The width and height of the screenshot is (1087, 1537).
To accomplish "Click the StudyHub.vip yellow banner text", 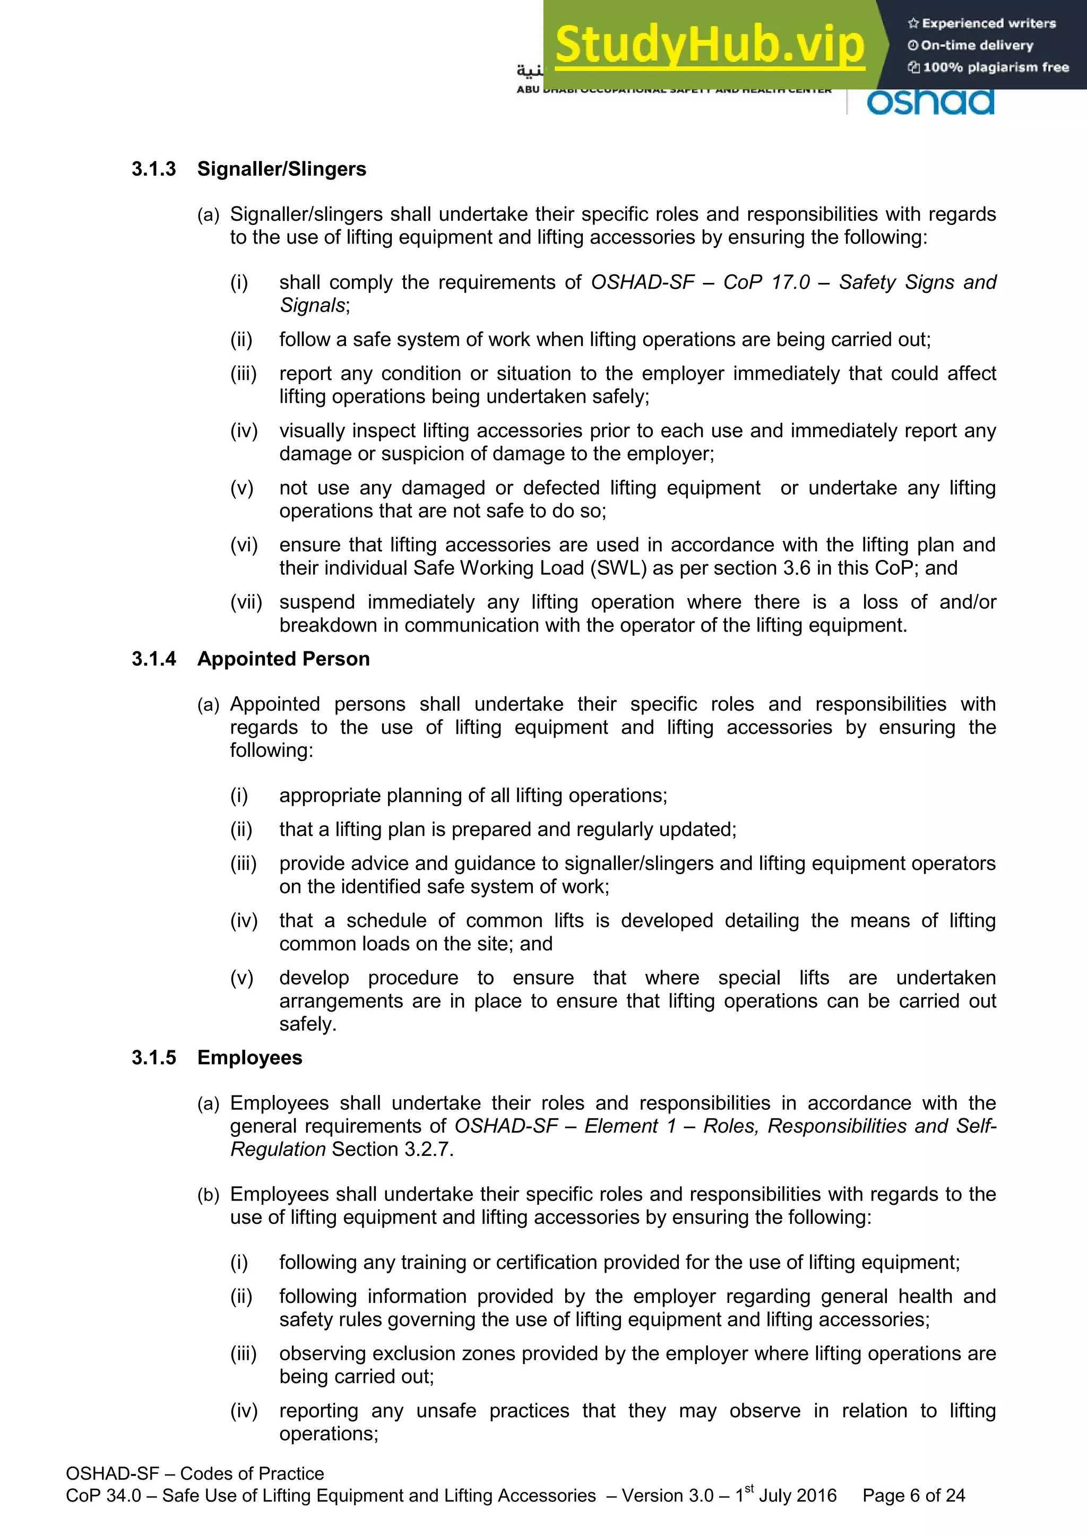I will (710, 46).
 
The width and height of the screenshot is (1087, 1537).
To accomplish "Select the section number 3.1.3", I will (154, 169).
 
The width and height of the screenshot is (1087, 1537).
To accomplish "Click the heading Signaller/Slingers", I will (282, 169).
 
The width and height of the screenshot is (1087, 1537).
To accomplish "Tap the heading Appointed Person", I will (283, 659).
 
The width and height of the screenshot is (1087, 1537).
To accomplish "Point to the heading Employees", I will (249, 1058).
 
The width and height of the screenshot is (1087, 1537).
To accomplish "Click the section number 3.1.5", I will (154, 1058).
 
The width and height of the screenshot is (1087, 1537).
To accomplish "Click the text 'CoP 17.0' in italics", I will (766, 282).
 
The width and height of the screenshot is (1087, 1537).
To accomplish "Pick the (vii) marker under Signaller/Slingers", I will (246, 602).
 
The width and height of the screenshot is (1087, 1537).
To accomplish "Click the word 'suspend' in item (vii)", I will (318, 602).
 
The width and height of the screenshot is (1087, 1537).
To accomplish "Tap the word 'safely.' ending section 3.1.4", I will (308, 1024).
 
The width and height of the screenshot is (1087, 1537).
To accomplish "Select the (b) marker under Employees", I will (208, 1195).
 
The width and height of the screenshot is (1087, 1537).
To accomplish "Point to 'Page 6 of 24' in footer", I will (913, 1496).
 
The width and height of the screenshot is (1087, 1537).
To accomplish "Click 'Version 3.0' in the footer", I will (667, 1496).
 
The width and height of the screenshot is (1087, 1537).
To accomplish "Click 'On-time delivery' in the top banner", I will (977, 46).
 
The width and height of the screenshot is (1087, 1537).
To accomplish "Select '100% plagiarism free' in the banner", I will (995, 67).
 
